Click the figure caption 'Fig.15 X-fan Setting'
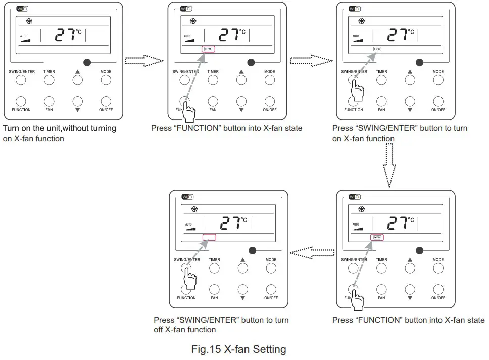239,349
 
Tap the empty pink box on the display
209,237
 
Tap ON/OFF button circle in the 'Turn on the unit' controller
106,100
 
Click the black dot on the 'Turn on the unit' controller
87,62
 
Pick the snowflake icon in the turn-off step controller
194,209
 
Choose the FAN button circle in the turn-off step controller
215,289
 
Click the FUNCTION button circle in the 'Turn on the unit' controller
21,100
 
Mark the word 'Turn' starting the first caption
11,128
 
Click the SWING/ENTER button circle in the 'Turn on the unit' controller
21,80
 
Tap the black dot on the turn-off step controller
252,250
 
